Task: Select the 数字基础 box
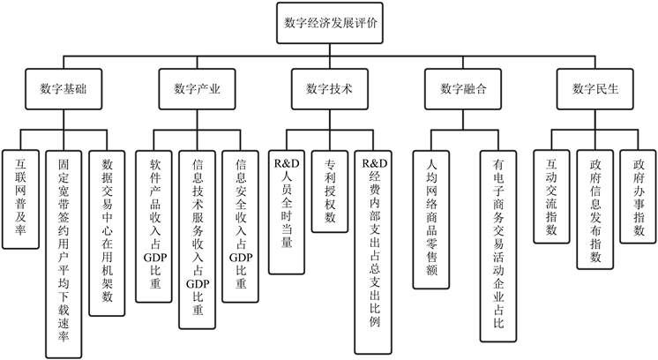pyautogui.click(x=64, y=89)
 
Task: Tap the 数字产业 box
pyautogui.click(x=197, y=89)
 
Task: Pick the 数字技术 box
pyautogui.click(x=329, y=89)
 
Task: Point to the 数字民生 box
pyautogui.click(x=595, y=89)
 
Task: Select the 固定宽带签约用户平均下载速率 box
pyautogui.click(x=64, y=252)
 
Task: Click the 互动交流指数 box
pyautogui.click(x=553, y=198)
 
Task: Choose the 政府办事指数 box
pyautogui.click(x=639, y=198)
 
